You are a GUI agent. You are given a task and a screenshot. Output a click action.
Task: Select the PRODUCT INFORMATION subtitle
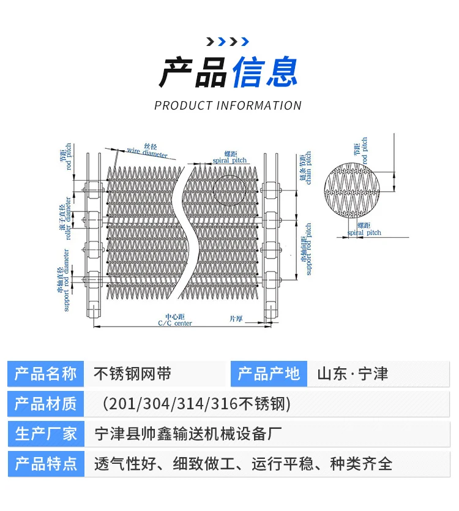tap(228, 105)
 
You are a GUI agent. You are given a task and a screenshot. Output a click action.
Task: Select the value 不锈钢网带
tap(132, 374)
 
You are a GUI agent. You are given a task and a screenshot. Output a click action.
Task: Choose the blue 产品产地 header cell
tap(269, 374)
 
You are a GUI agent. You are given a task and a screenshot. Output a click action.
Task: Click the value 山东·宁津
tap(353, 374)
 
